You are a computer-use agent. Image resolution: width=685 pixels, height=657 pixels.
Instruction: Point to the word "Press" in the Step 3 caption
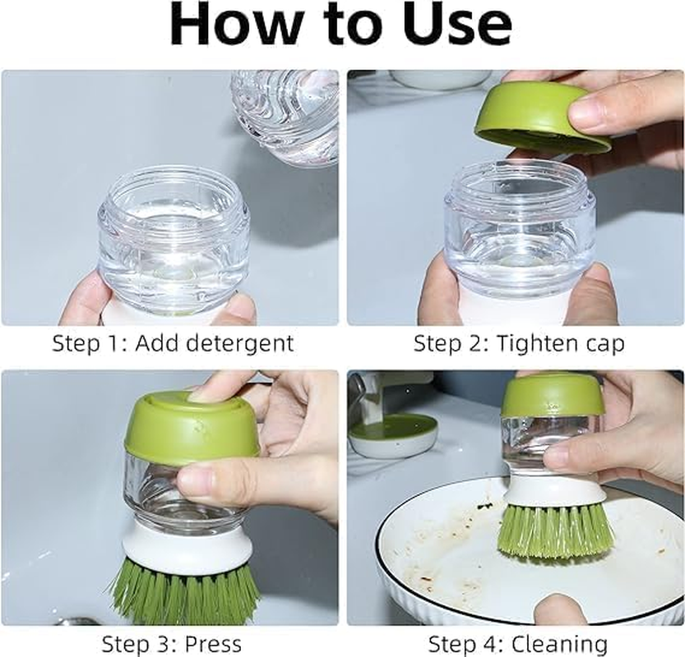[213, 643]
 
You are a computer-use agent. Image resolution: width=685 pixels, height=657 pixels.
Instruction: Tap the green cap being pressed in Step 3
[189, 427]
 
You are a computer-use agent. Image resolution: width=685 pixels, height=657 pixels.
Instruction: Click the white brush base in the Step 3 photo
[181, 546]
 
